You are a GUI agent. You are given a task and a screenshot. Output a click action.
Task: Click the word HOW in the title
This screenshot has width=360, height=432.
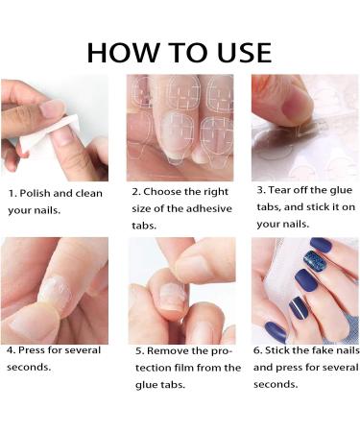click(x=123, y=53)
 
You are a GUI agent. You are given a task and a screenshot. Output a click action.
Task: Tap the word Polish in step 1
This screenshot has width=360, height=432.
click(x=35, y=193)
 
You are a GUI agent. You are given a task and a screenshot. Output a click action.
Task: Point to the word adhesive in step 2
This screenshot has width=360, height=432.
click(x=209, y=208)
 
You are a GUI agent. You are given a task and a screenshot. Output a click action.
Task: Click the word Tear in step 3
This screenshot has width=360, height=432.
click(x=279, y=190)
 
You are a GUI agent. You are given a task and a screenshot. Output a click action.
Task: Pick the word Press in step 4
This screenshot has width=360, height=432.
click(x=32, y=349)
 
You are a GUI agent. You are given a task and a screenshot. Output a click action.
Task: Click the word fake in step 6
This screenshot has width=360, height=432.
click(x=323, y=350)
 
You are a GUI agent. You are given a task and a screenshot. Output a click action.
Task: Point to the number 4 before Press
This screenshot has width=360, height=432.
click(x=11, y=350)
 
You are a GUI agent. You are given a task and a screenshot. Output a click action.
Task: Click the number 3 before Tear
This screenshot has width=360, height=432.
click(x=261, y=190)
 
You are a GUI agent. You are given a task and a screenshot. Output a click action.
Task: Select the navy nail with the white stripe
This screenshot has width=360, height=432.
click(x=299, y=308)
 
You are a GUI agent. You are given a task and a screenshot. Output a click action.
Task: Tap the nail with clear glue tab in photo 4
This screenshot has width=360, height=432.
click(x=57, y=295)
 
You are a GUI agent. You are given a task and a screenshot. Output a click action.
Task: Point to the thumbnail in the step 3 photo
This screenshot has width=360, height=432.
click(x=297, y=106)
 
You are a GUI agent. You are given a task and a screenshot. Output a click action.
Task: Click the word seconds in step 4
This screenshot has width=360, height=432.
click(x=29, y=367)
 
